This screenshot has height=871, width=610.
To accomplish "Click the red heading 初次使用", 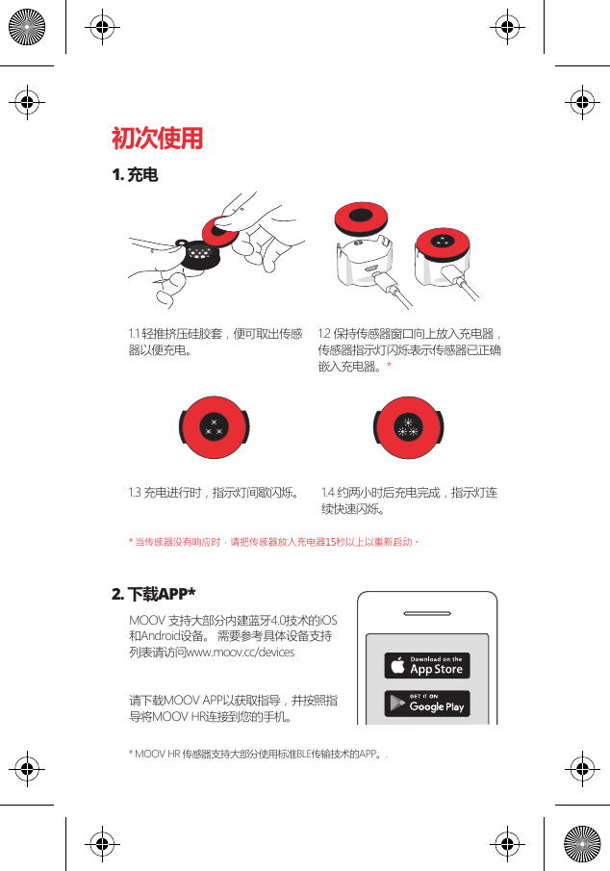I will coord(157,140).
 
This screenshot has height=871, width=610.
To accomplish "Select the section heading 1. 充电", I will coord(135,176).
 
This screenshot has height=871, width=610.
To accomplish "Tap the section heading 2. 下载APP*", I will coord(154,591).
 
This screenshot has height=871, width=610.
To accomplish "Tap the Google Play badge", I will coord(427,704).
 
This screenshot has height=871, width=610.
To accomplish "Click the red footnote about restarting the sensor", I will coord(274,542).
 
